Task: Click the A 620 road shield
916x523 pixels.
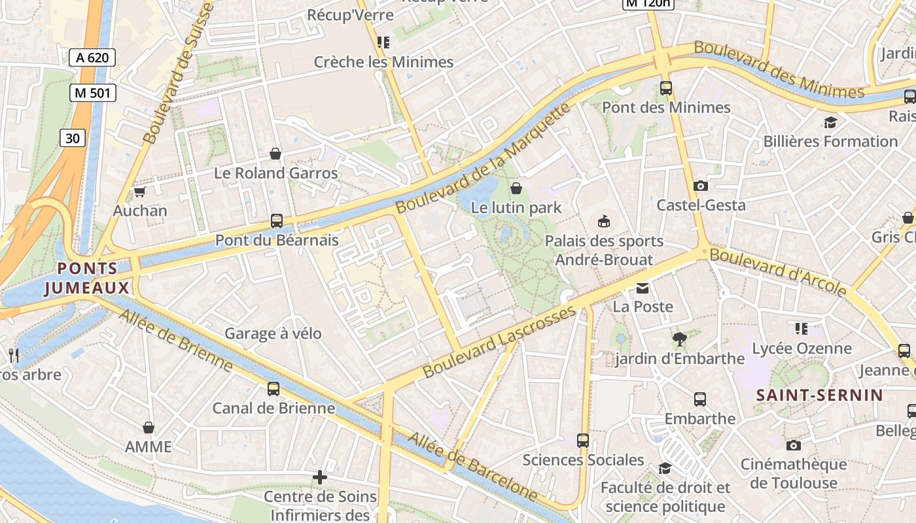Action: point(92,58)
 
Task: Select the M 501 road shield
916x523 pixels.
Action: point(92,93)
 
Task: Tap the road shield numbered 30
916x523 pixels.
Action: point(73,138)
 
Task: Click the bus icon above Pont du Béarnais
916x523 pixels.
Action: point(277,221)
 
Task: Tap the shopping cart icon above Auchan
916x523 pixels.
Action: point(139,192)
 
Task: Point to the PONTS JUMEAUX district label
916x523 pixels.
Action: point(87,278)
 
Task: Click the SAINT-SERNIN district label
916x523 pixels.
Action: point(820,395)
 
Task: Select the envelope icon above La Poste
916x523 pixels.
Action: point(643,288)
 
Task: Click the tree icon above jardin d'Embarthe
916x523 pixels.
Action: point(680,339)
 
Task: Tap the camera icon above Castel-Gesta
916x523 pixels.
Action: point(701,186)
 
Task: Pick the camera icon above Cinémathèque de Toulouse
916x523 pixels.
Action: point(793,445)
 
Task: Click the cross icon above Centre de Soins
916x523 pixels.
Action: point(320,477)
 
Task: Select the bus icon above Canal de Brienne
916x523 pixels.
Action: point(273,389)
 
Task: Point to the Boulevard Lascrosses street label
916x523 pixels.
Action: point(500,341)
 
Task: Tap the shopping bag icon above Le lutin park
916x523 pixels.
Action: point(516,188)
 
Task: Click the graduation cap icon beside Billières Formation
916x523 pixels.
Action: point(830,122)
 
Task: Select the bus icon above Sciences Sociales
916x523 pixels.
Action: point(583,441)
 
